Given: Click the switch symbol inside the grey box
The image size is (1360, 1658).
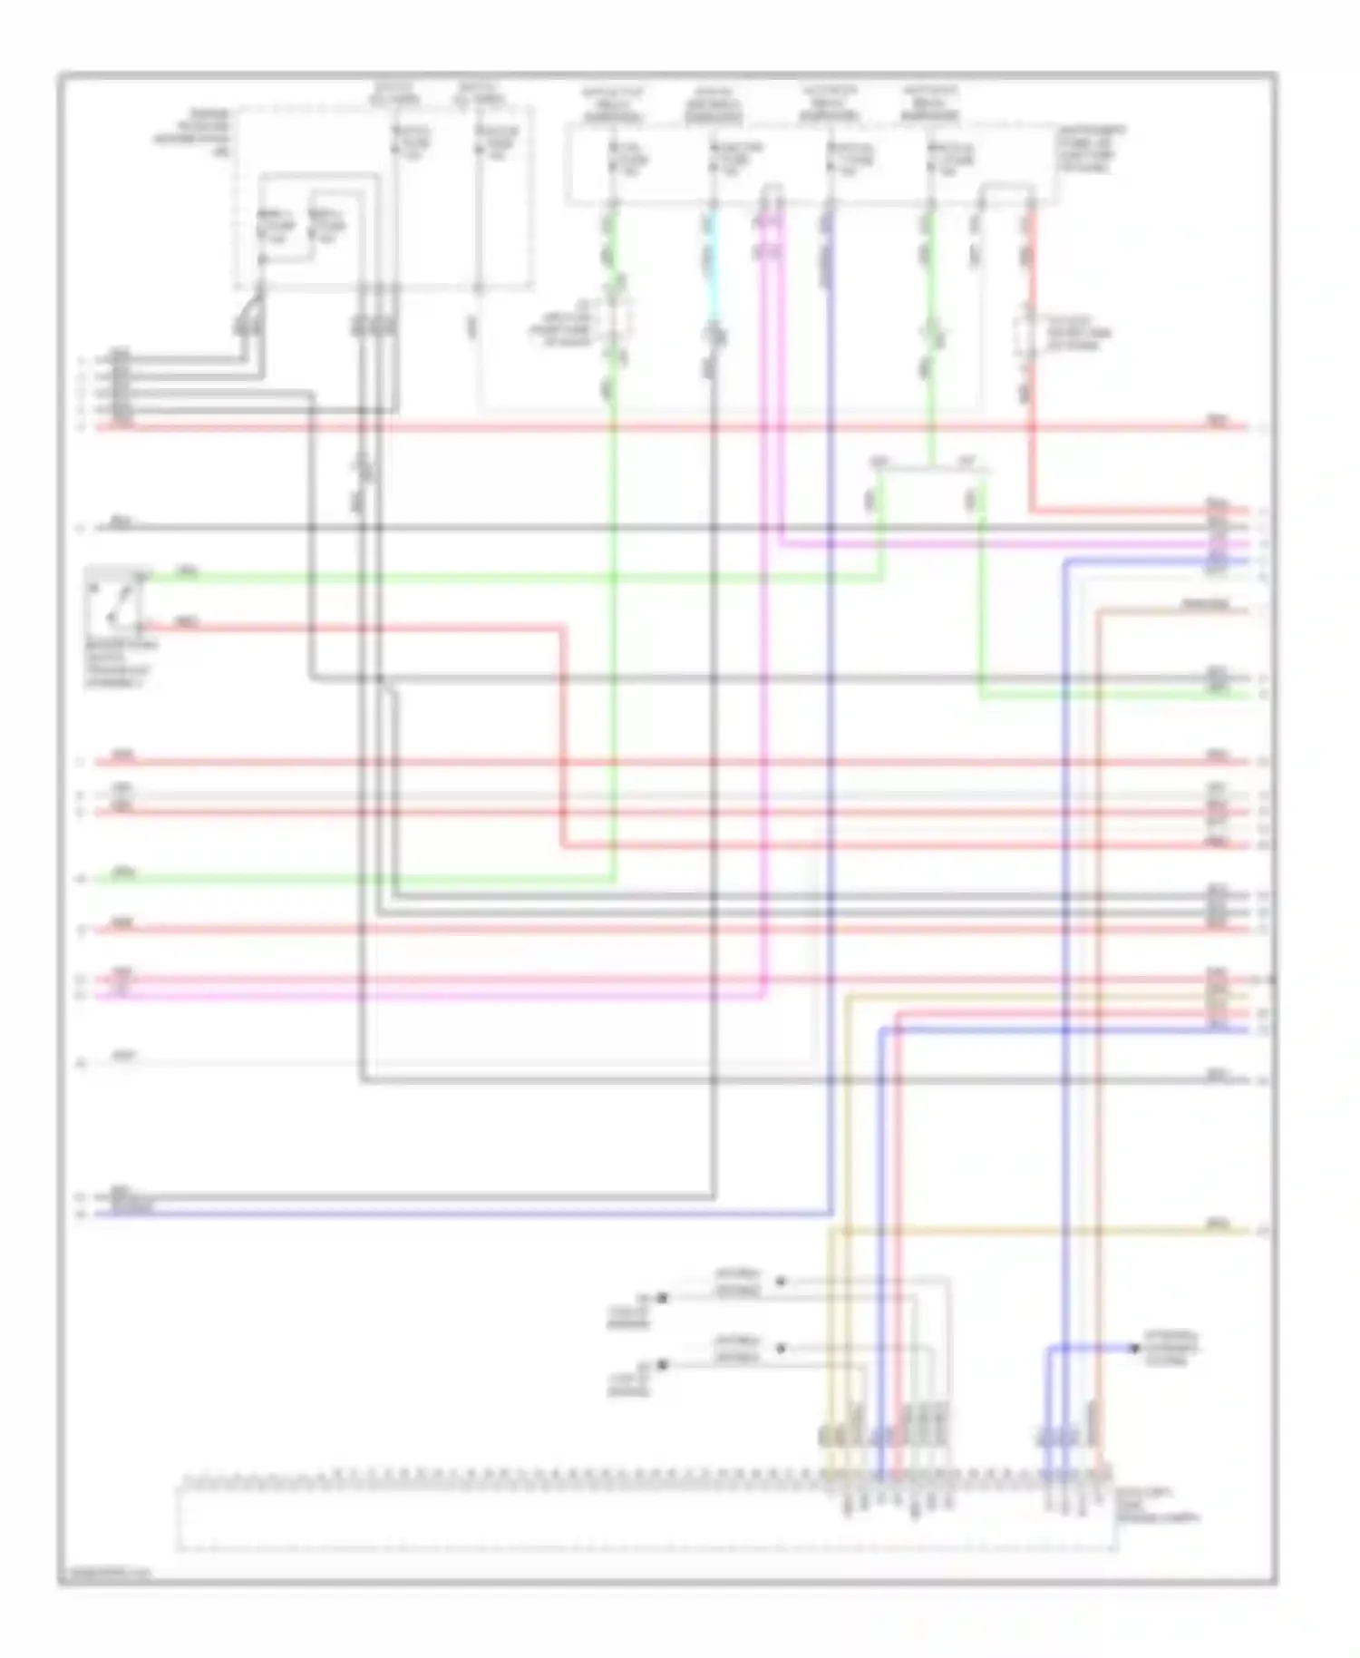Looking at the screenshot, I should [x=116, y=603].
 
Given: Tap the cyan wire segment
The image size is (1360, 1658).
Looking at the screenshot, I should [x=714, y=263].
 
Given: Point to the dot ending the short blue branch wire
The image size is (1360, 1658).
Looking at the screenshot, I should [x=1134, y=1349].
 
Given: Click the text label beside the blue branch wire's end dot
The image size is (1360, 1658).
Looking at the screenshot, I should [x=1171, y=1350].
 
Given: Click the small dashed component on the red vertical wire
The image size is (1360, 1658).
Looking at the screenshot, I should [x=1031, y=334].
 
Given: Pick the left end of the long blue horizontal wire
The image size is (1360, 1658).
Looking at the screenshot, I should [x=100, y=1214].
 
